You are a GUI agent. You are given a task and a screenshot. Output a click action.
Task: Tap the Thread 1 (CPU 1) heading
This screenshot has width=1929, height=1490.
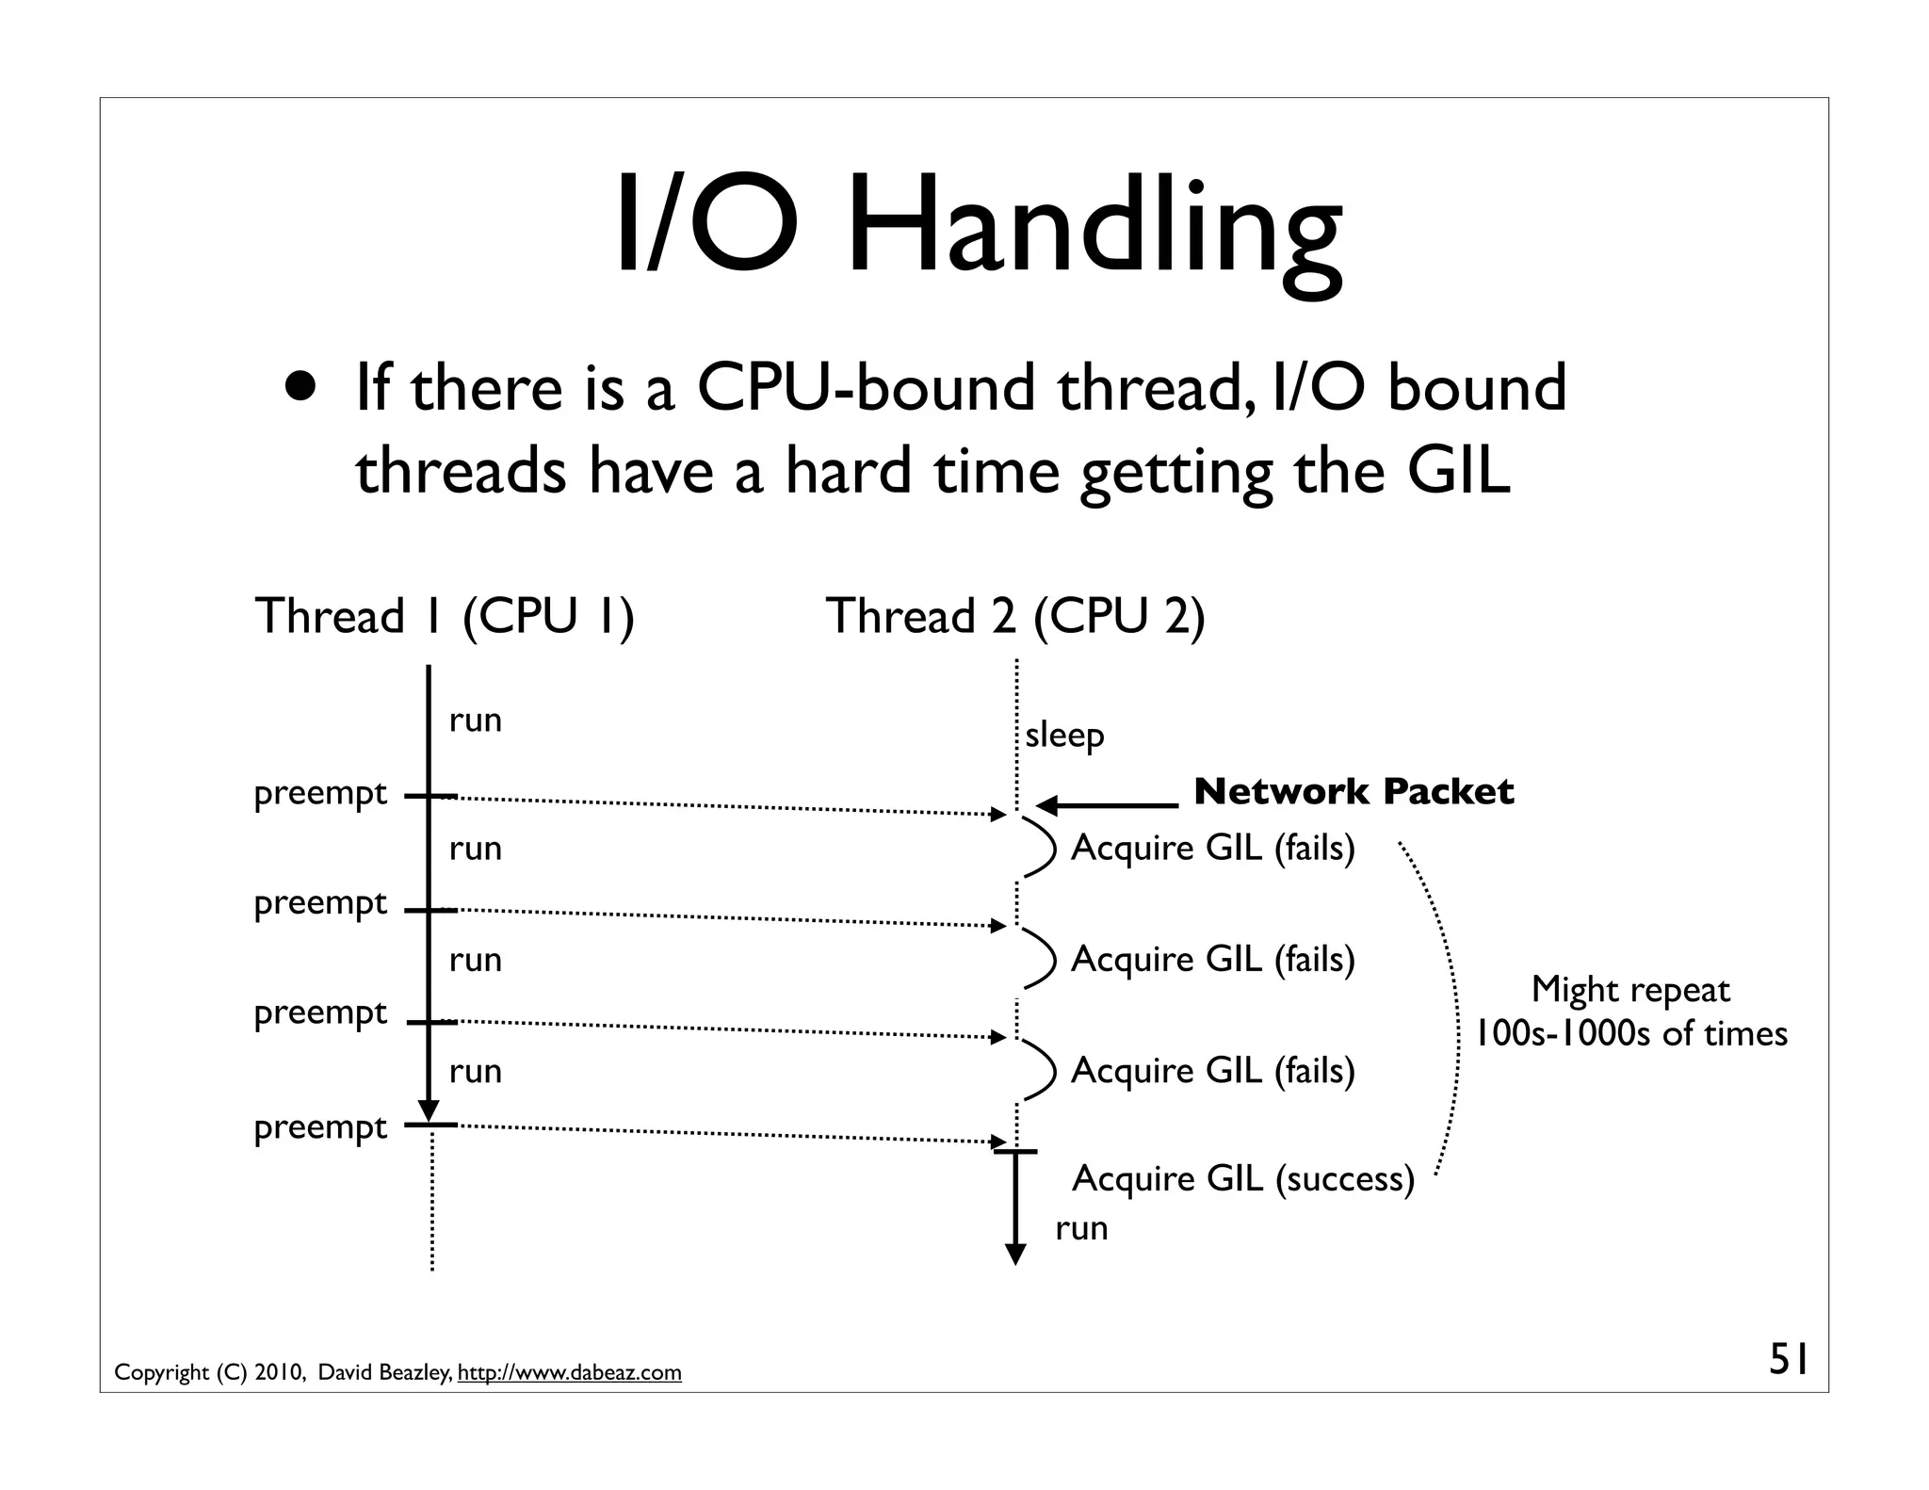[x=445, y=617]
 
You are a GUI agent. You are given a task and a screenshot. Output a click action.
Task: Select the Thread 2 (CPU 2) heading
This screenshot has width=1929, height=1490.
[x=1015, y=617]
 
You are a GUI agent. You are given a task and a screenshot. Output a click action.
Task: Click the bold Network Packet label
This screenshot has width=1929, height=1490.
[x=1354, y=792]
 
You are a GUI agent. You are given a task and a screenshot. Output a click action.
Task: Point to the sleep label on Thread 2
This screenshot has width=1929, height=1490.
[x=1064, y=735]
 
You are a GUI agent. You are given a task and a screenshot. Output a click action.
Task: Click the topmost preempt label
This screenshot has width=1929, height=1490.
[x=320, y=794]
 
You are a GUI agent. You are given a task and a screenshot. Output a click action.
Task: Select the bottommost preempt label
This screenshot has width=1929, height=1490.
[x=320, y=1127]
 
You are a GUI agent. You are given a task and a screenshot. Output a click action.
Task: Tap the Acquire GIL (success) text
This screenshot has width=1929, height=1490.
[x=1243, y=1178]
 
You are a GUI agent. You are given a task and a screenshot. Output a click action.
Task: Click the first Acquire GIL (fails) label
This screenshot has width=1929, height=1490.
[x=1213, y=848]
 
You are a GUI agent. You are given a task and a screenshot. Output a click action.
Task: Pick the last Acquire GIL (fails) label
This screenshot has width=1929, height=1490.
[x=1213, y=1070]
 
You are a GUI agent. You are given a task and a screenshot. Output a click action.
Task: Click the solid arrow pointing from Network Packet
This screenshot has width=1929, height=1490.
[x=1107, y=805]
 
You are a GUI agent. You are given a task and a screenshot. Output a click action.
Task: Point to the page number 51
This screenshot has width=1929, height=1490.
[x=1788, y=1360]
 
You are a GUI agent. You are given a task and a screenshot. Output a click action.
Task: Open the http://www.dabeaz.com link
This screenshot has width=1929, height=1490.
[x=569, y=1373]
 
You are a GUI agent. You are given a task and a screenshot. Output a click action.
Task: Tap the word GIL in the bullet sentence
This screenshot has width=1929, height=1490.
[x=1458, y=471]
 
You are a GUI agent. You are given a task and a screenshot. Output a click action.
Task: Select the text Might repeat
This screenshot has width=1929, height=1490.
[x=1630, y=990]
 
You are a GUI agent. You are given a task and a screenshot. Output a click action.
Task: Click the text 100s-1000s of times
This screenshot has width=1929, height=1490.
[x=1630, y=1034]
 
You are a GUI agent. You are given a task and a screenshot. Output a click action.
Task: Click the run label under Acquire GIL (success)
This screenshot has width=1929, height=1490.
[x=1081, y=1228]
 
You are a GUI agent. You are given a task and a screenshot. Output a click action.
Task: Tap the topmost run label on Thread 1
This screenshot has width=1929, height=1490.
[x=476, y=721]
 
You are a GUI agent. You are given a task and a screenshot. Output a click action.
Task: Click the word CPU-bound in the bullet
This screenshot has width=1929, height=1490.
[x=865, y=388]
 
